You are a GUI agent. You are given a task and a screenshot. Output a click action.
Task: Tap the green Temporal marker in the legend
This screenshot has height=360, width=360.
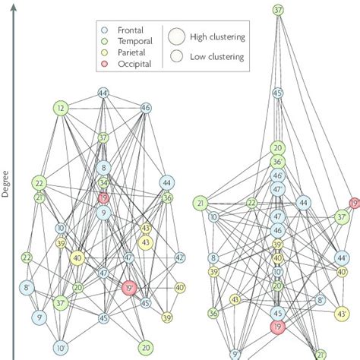tap(109, 43)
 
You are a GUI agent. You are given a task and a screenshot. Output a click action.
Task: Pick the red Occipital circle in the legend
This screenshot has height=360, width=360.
tap(109, 64)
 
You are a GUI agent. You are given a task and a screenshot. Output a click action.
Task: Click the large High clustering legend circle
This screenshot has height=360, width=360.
tap(178, 36)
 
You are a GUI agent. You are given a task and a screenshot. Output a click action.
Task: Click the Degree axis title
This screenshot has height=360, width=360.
tap(6, 185)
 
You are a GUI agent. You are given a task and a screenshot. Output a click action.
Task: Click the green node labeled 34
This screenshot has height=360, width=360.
tap(104, 183)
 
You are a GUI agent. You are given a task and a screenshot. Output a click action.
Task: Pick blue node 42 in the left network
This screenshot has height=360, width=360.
tap(179, 258)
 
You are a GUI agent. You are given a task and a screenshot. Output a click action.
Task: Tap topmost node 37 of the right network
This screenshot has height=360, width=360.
tap(278, 11)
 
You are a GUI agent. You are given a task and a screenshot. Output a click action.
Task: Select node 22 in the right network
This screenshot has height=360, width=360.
tap(251, 204)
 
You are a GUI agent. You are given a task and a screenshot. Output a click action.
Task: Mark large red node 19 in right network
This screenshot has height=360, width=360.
tap(278, 327)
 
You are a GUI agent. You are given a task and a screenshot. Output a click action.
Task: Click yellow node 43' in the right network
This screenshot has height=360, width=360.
tap(343, 313)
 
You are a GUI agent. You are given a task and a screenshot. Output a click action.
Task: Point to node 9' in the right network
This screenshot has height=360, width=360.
tap(235, 354)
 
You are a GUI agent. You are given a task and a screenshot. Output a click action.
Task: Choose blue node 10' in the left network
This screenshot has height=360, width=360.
tap(61, 348)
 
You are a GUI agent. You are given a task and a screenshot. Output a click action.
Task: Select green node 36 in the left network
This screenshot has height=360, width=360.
tap(167, 198)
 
